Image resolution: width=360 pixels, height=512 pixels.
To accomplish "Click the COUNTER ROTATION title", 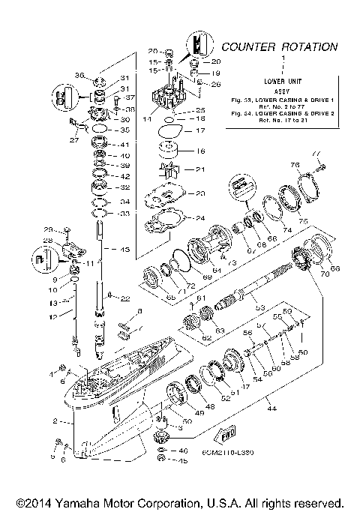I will (x=279, y=46).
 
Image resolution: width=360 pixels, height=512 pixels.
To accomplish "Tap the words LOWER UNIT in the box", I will (x=283, y=79).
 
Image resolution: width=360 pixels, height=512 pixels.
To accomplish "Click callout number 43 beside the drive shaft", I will (x=123, y=249).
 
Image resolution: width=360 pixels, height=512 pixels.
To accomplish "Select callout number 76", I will (x=295, y=166).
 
